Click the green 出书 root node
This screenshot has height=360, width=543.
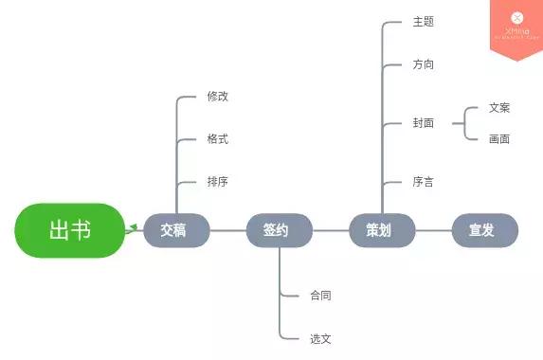69,230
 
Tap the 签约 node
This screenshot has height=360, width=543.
280,230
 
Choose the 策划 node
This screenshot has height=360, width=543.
382,230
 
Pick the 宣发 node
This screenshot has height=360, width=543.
484,230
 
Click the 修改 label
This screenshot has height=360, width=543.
218,97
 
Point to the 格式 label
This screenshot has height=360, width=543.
218,139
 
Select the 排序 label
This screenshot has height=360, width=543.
218,182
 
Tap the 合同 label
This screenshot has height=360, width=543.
320,296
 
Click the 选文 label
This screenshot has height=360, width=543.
320,338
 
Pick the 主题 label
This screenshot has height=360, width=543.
423,22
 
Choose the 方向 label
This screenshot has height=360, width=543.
423,64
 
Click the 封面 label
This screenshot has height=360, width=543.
423,123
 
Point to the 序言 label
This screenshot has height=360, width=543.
423,182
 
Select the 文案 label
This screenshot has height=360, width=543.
499,108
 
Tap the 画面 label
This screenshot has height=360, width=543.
499,139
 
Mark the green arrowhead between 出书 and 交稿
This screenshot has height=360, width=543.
134,227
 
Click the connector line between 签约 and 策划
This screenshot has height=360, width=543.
331,230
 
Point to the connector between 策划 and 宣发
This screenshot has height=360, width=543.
433,230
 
